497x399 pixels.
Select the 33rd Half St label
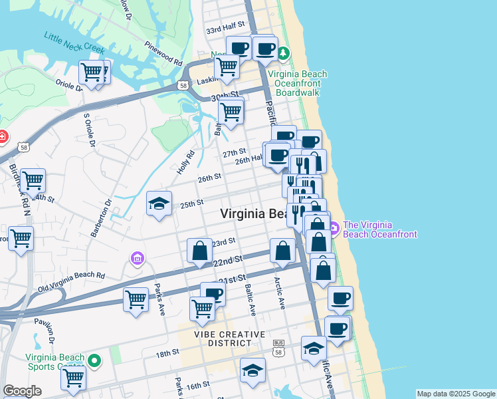pos(227,29)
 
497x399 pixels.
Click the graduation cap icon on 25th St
pos(159,204)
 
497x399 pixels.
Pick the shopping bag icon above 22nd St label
pos(199,251)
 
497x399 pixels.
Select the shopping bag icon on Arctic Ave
pos(282,250)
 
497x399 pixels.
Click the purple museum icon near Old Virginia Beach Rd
pos(138,257)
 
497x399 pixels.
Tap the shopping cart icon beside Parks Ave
pos(136,299)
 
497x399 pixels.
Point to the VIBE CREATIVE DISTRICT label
pos(230,338)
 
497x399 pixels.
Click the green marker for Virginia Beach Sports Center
pos(95,361)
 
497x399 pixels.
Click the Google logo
pos(22,391)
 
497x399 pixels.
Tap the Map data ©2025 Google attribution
pos(456,394)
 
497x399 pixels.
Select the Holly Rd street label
pos(185,162)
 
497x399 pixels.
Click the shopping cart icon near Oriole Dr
pos(92,71)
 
